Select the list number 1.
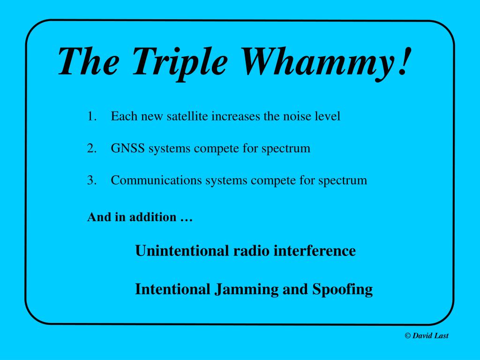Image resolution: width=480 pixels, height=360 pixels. (90, 116)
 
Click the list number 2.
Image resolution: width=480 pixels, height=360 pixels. (90, 149)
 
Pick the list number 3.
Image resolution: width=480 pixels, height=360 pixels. (90, 180)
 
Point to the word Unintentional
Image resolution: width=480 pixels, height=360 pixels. (181, 251)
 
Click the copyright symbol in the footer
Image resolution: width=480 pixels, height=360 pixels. (408, 336)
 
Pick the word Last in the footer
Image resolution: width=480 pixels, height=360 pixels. (442, 336)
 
